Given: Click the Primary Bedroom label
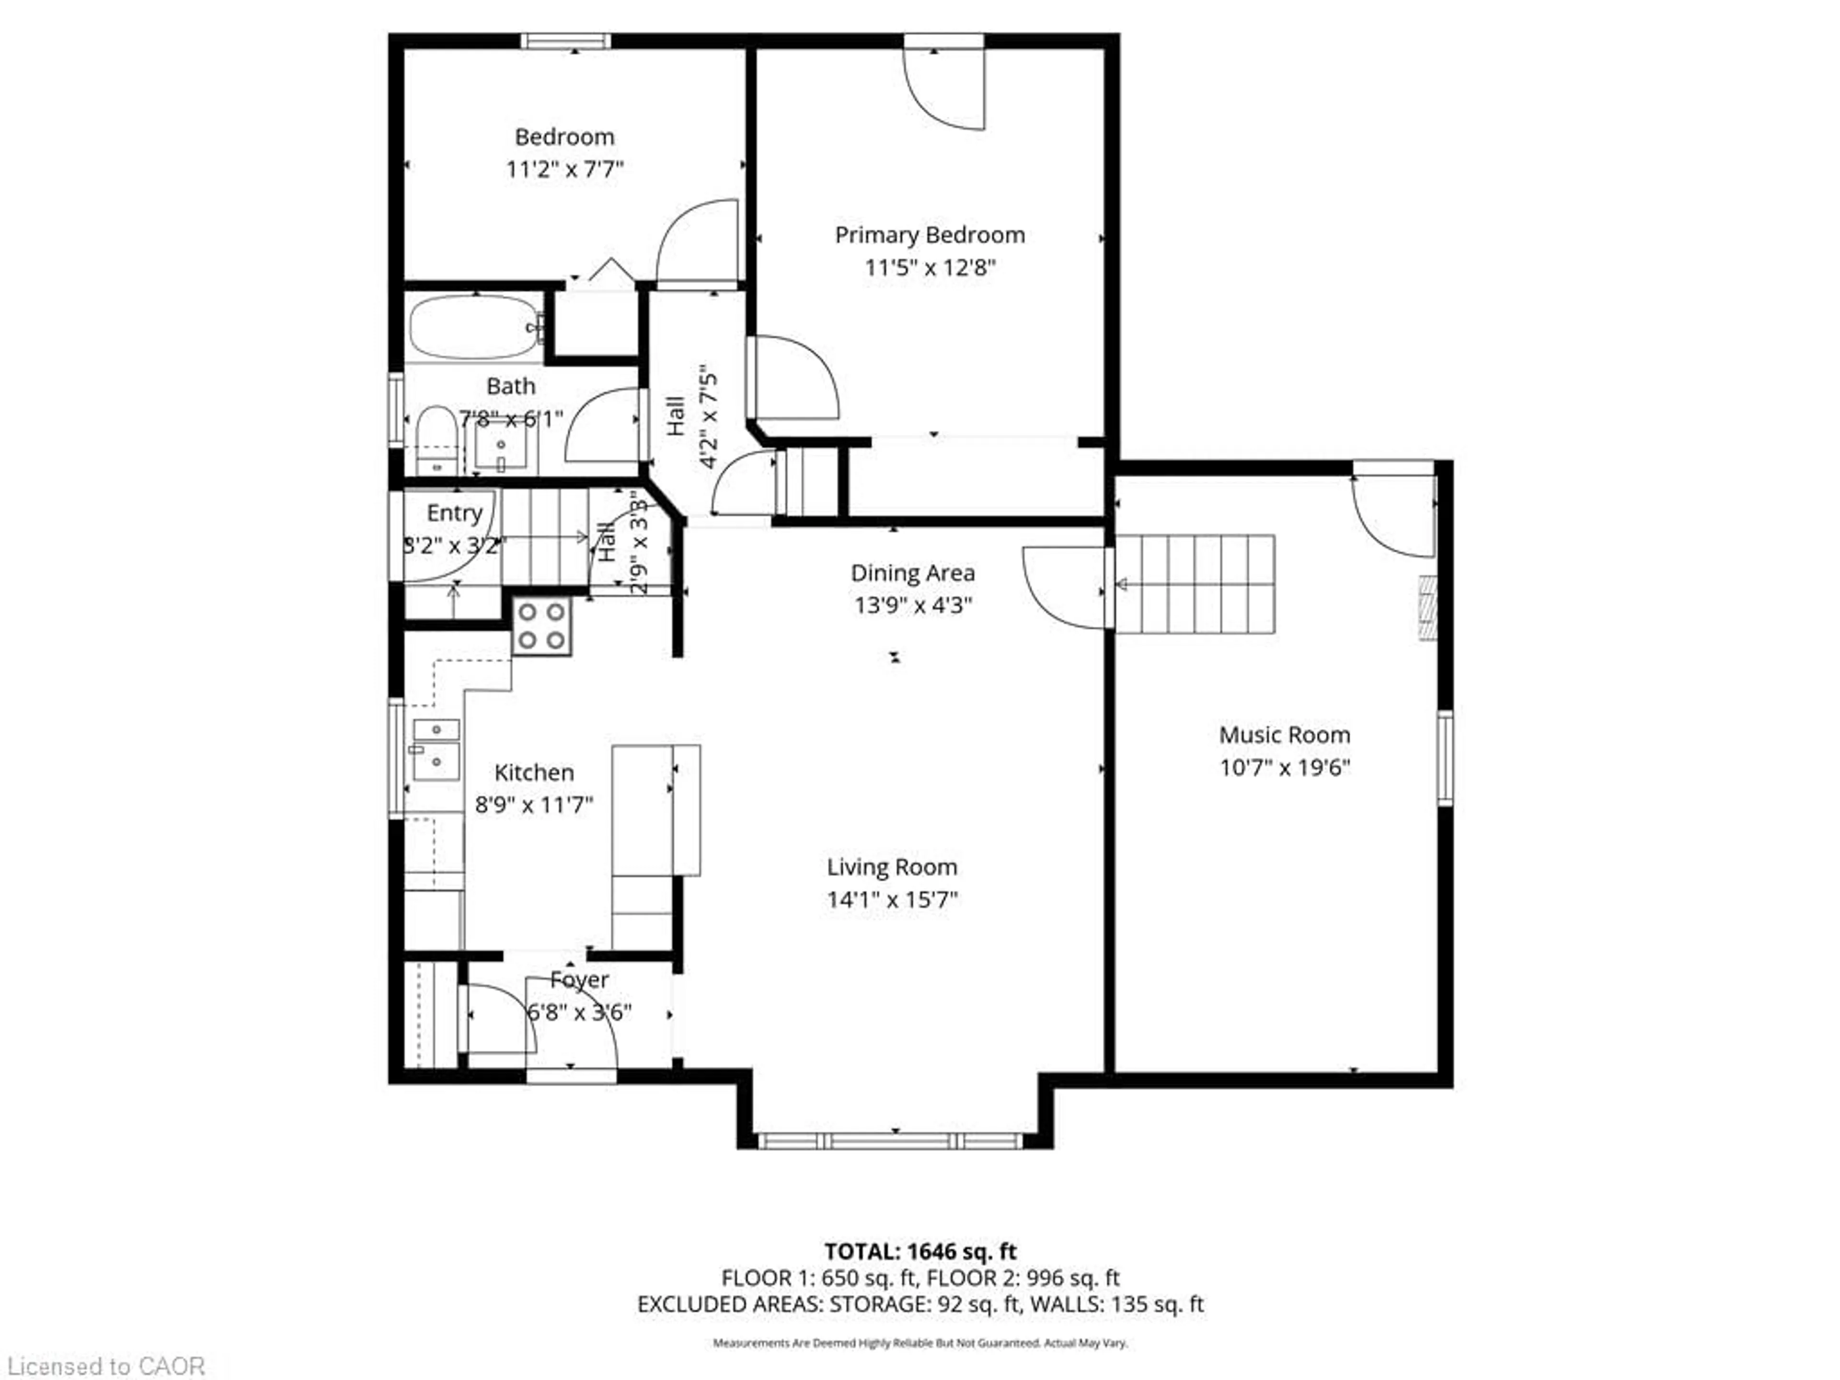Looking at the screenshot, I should pyautogui.click(x=929, y=235).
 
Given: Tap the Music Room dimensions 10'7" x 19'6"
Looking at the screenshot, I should pyautogui.click(x=1284, y=767).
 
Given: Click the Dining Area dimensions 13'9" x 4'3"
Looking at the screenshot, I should pyautogui.click(x=912, y=605).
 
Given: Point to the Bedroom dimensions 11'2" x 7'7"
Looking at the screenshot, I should pyautogui.click(x=565, y=169).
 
